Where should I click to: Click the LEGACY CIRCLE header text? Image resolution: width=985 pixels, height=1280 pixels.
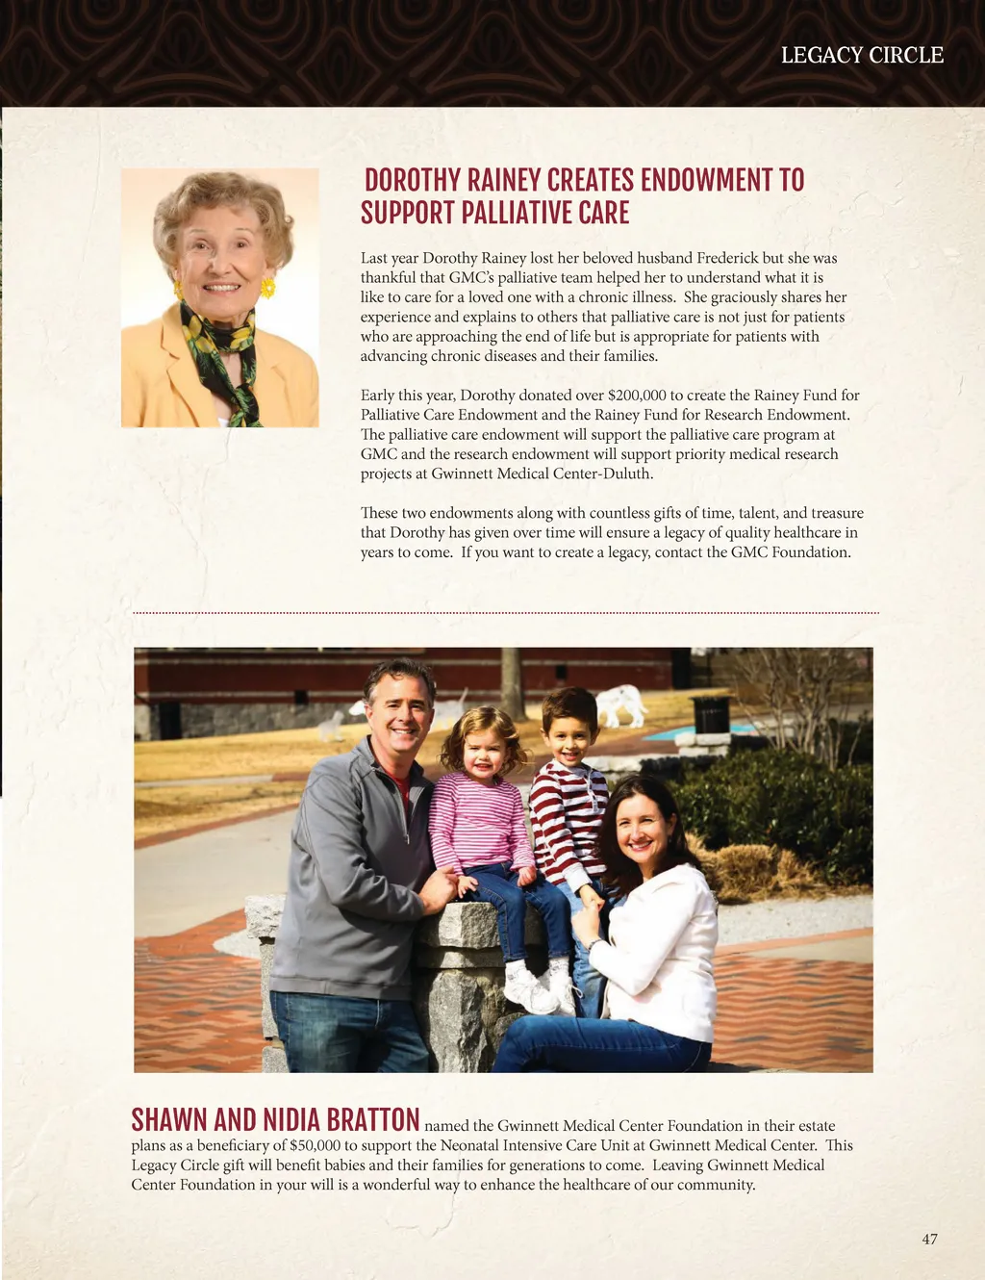click(x=862, y=56)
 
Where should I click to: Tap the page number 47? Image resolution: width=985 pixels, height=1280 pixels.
click(x=929, y=1239)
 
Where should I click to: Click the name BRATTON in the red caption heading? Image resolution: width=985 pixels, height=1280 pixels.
click(x=372, y=1120)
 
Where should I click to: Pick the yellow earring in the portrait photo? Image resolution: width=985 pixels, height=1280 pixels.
click(x=267, y=288)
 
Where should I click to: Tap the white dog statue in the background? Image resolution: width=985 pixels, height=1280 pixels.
click(x=620, y=703)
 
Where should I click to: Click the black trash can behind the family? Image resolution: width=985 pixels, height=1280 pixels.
click(x=711, y=714)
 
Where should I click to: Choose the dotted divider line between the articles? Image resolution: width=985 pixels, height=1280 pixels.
click(x=506, y=612)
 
